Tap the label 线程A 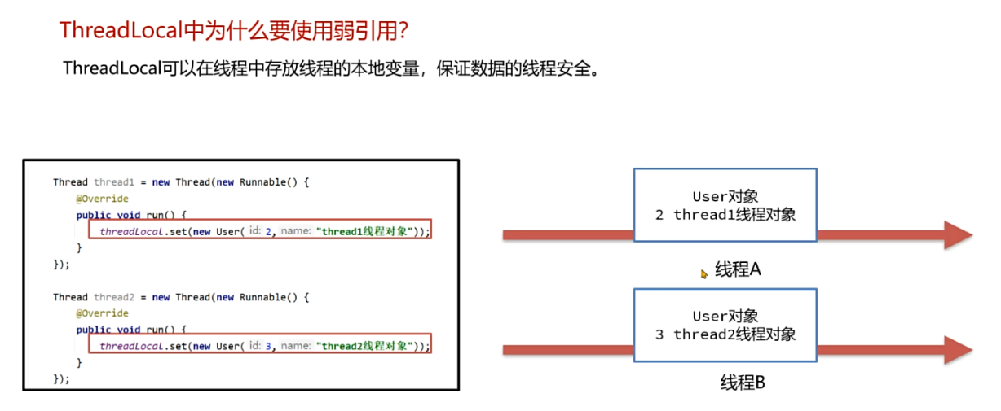[738, 269]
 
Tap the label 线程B [743, 382]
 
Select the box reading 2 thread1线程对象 [725, 205]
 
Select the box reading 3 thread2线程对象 [725, 325]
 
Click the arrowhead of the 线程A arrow [957, 234]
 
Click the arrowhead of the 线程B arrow [957, 350]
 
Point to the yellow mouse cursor [704, 274]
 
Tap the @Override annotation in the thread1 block [102, 199]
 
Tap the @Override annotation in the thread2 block [102, 313]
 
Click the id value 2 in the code [268, 231]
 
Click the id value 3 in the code [268, 346]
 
